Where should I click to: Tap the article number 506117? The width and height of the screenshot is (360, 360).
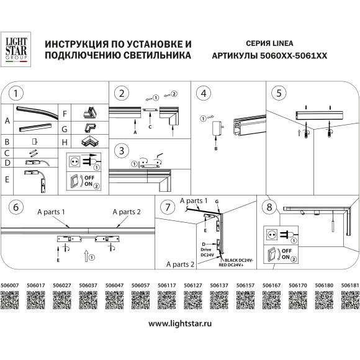click(x=166, y=286)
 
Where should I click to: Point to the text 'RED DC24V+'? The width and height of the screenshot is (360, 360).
click(x=238, y=264)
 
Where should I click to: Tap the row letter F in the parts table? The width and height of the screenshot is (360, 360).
click(x=65, y=115)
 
